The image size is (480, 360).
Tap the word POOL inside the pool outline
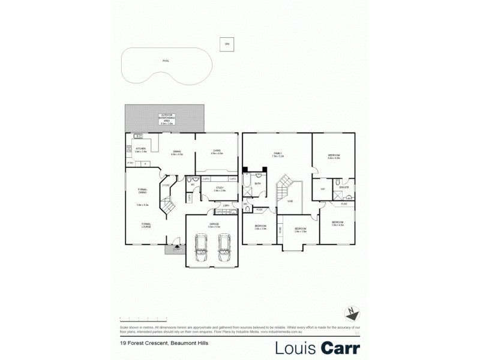click(x=166, y=61)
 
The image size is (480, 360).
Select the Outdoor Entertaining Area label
click(x=166, y=118)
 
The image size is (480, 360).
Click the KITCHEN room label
click(x=141, y=149)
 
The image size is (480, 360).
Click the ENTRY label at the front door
click(x=176, y=250)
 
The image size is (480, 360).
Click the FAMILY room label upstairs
click(x=278, y=154)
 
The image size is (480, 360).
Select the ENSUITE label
click(x=345, y=188)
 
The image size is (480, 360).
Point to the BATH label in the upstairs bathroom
click(x=257, y=184)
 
